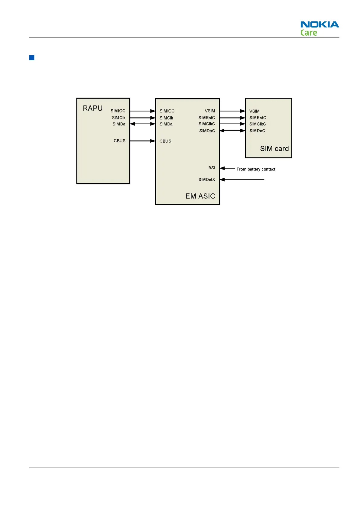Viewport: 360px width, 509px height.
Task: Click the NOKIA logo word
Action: [x=319, y=24]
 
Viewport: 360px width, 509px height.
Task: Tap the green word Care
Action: [x=309, y=33]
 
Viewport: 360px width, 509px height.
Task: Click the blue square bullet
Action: [x=32, y=57]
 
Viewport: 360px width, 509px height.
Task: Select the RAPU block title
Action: [x=92, y=108]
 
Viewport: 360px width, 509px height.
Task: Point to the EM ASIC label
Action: [x=200, y=196]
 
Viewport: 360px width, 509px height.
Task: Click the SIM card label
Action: [x=274, y=149]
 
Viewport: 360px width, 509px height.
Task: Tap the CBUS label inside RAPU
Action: [x=119, y=141]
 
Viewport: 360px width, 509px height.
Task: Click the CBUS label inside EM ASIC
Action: [x=165, y=141]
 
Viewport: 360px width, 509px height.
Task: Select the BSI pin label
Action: [x=212, y=168]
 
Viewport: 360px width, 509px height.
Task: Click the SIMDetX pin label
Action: [x=207, y=180]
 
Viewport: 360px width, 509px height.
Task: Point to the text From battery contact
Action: [x=256, y=169]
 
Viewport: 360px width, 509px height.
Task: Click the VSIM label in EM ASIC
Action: [x=210, y=111]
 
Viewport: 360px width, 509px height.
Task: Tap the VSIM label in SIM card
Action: [x=254, y=111]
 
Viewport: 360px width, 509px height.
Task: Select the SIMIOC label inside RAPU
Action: [x=118, y=111]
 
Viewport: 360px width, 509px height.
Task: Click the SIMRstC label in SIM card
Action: [x=258, y=118]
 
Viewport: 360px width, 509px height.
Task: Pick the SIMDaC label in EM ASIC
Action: [x=207, y=131]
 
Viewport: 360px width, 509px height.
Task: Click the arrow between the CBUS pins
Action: [x=142, y=141]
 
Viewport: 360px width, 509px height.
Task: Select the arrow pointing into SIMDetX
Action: [x=242, y=180]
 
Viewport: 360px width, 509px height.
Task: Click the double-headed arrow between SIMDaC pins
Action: [x=232, y=131]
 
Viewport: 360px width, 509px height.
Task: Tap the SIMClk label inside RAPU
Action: [x=118, y=118]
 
